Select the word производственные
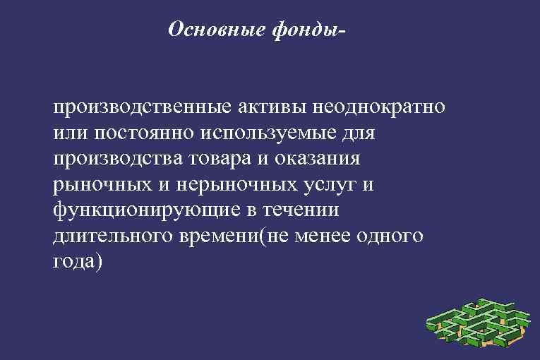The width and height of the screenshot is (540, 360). (140, 109)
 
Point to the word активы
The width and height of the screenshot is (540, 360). (269, 108)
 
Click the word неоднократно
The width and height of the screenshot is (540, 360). (381, 108)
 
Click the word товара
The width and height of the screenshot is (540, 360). (222, 159)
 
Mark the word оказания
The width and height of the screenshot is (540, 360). (319, 159)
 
